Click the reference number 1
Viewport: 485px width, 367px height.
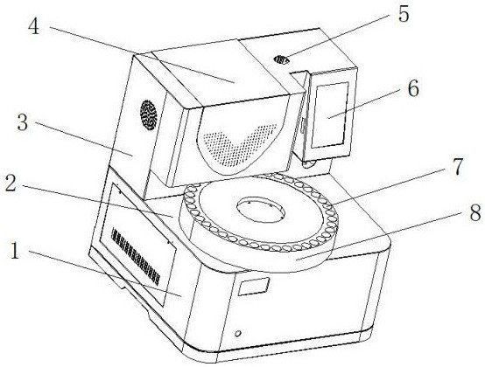(x=15, y=250)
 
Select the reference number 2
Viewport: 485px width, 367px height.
(x=11, y=183)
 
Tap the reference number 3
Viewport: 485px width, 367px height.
(x=22, y=123)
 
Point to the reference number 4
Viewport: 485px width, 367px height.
(x=34, y=25)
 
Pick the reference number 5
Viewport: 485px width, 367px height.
(x=404, y=14)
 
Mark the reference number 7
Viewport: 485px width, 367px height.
(x=457, y=167)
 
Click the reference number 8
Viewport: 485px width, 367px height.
(x=475, y=212)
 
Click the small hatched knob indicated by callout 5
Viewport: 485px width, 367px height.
(x=283, y=59)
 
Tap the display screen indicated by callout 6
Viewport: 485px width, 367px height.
(x=330, y=114)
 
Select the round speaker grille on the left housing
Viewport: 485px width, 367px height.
(x=149, y=115)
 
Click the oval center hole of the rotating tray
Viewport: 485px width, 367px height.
(x=260, y=210)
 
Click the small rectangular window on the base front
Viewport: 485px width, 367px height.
(x=253, y=286)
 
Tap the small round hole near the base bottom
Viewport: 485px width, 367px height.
(x=237, y=333)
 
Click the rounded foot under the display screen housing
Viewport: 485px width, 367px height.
(x=309, y=163)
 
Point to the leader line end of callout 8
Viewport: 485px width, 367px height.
(x=296, y=260)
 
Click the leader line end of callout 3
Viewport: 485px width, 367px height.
(x=133, y=156)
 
